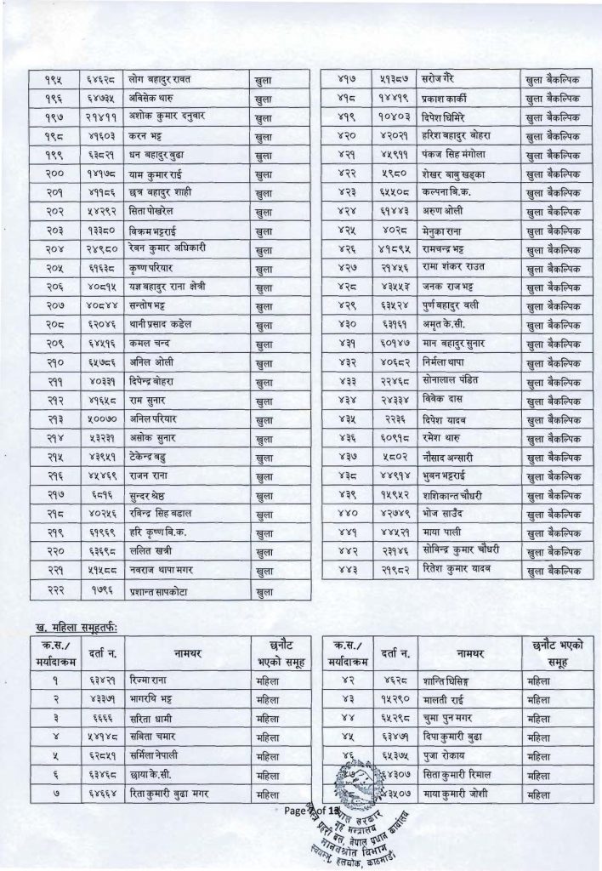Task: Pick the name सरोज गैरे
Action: (443, 78)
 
